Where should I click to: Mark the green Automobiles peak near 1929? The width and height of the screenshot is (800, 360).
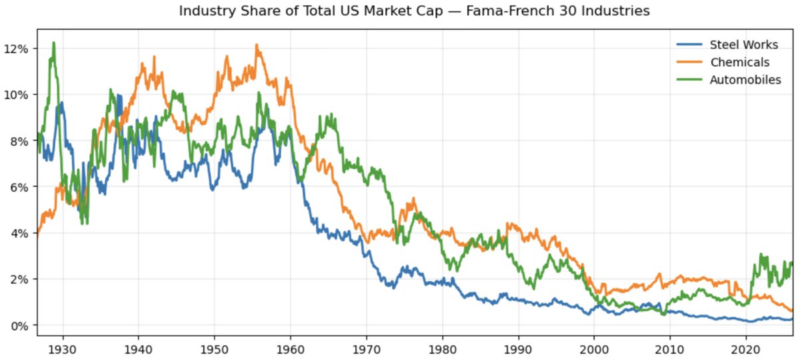click(53, 43)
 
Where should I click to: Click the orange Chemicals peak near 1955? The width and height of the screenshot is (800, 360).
click(257, 45)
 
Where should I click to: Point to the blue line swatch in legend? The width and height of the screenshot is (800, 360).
click(690, 45)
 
